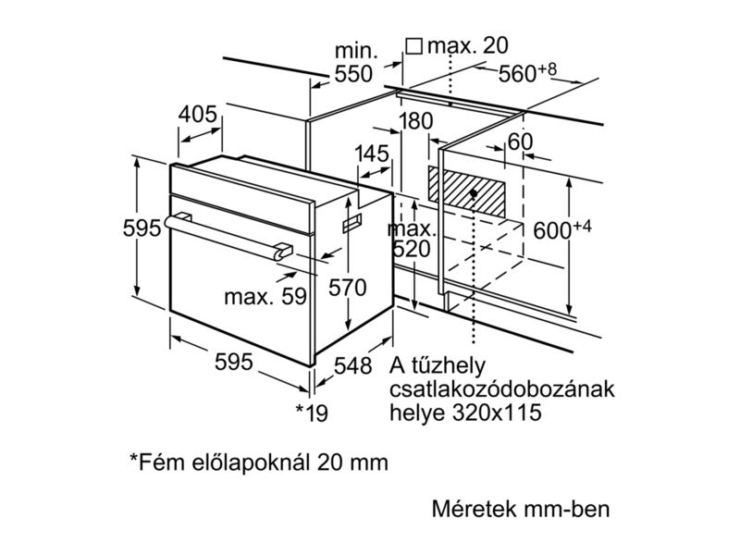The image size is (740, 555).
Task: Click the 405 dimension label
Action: click(197, 116)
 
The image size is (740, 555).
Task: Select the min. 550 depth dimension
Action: click(353, 61)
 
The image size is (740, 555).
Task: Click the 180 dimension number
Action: click(417, 121)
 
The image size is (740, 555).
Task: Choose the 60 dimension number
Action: click(521, 142)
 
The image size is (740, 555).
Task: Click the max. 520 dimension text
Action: click(412, 239)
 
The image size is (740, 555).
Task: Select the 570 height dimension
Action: click(349, 287)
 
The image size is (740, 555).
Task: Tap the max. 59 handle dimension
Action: click(265, 297)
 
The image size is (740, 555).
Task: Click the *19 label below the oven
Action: click(312, 412)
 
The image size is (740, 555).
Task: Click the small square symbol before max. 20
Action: click(414, 45)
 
